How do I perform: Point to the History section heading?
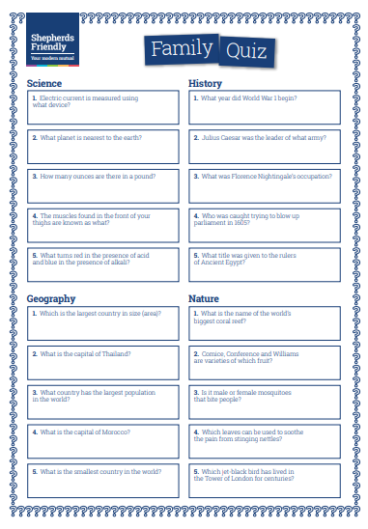[205, 83]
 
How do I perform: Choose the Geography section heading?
[51, 299]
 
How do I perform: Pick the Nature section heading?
[204, 299]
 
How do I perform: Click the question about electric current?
[85, 101]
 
